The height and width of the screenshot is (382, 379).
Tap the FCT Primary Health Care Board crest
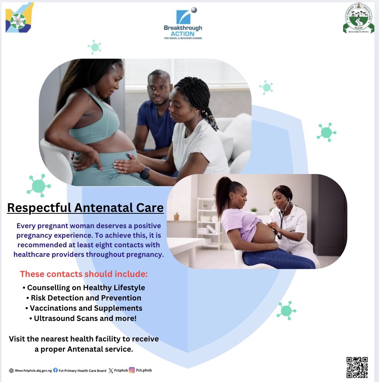[x=358, y=20]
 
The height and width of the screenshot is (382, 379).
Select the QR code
[x=357, y=367]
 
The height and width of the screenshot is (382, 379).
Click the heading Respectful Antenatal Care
[x=85, y=208]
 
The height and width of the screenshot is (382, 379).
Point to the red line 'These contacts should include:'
[x=84, y=274]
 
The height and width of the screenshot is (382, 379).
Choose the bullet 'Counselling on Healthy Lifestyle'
[x=84, y=287]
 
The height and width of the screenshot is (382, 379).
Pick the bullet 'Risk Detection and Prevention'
[x=84, y=298]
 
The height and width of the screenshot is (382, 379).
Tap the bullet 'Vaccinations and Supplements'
[x=84, y=308]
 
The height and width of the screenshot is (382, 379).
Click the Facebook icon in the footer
[x=56, y=370]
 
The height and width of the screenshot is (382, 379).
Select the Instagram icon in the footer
[x=132, y=370]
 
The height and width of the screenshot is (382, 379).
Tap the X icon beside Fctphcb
[x=111, y=370]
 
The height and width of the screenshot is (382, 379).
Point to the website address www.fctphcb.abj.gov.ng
[x=33, y=371]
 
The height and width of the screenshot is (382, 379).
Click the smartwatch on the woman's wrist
[x=145, y=173]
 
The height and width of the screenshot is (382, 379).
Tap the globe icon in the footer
[x=11, y=371]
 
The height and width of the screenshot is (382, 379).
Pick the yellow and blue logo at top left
[x=19, y=17]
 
